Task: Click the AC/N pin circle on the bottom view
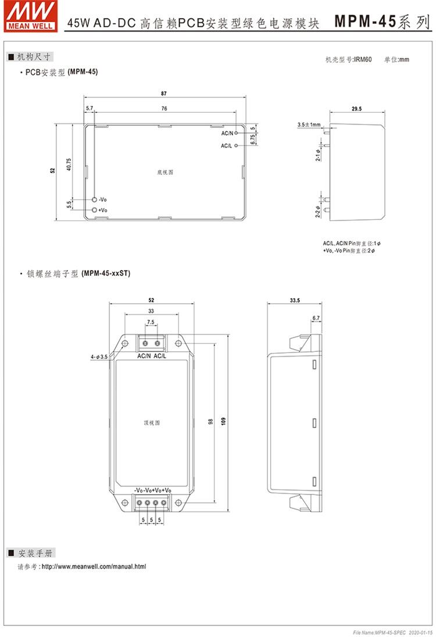(237, 133)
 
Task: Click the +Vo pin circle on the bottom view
(95, 209)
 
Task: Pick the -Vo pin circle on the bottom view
(95, 200)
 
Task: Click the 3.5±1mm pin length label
(309, 124)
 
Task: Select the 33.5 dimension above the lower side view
(294, 300)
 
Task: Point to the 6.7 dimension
(316, 318)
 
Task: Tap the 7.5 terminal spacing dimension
(151, 322)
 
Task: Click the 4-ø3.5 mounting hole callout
(99, 356)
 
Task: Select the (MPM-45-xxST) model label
(106, 273)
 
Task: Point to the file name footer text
(388, 631)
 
